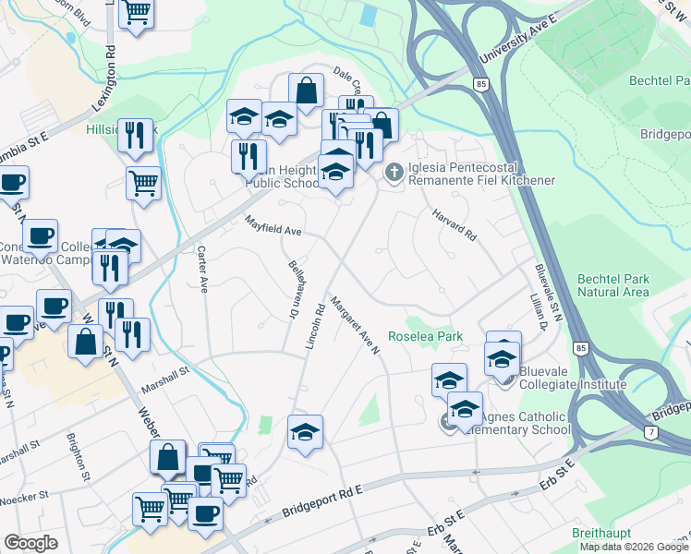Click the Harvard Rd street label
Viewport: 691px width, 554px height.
[453, 225]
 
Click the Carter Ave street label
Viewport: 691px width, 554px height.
[200, 269]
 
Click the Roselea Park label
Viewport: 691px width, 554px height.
[425, 337]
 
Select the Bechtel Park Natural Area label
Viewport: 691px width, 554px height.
[613, 285]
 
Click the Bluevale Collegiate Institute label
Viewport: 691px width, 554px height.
[573, 378]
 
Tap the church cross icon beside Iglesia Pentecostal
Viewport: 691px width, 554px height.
[394, 173]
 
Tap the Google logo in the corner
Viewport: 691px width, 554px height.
[30, 543]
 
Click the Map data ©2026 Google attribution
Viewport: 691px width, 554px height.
[633, 547]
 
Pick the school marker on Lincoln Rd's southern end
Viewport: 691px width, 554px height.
[304, 431]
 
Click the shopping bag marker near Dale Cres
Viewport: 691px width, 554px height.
[306, 91]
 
